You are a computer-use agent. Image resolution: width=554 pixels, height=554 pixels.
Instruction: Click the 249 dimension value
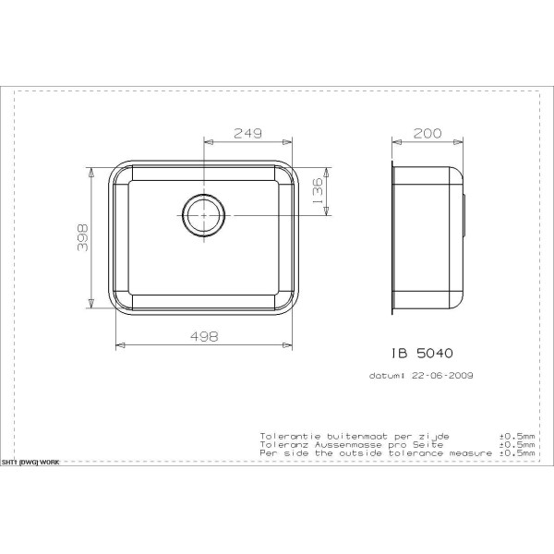click(247, 134)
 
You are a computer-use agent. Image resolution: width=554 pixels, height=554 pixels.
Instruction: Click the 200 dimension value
click(426, 134)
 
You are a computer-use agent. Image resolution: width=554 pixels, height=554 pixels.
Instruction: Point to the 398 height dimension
click(82, 239)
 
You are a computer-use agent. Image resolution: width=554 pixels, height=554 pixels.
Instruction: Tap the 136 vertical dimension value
click(318, 192)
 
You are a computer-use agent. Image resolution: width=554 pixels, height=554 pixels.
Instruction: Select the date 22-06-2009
click(440, 376)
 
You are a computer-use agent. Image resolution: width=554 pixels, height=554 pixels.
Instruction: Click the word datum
click(387, 376)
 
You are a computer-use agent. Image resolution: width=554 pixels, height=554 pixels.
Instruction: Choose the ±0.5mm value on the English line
click(517, 453)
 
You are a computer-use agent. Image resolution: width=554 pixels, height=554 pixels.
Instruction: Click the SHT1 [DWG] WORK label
click(30, 461)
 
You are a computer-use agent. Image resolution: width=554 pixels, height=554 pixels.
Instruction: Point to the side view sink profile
click(428, 239)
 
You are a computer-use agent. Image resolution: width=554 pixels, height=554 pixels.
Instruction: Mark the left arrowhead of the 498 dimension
click(118, 346)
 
